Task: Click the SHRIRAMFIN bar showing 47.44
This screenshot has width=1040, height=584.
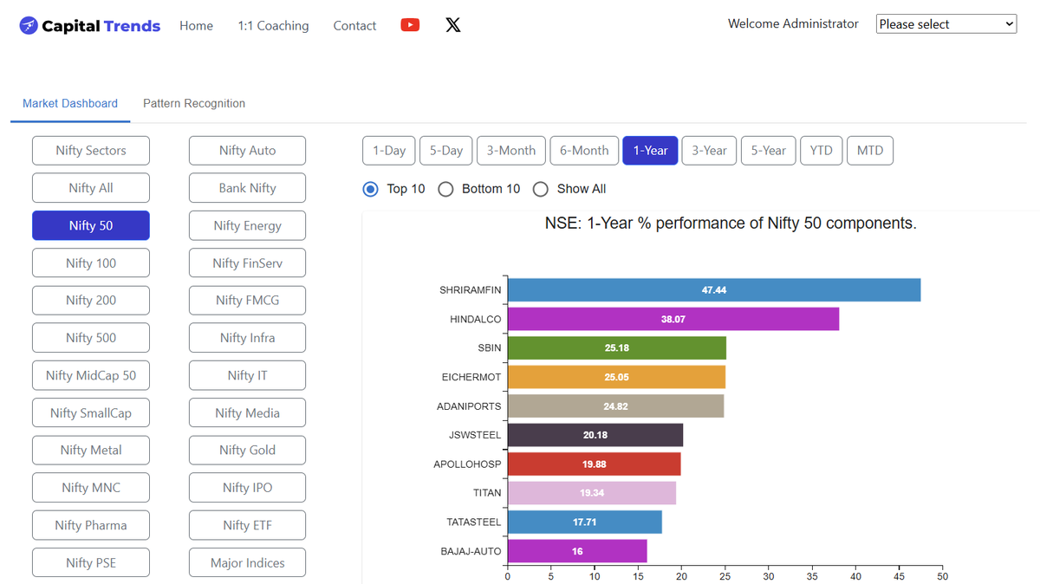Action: coord(714,290)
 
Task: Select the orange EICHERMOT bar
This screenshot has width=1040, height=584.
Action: coord(616,377)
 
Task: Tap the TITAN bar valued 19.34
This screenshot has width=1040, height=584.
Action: coord(592,493)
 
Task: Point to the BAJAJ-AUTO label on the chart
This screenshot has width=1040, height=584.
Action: coord(471,551)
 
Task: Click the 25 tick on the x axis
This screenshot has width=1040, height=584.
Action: coord(725,576)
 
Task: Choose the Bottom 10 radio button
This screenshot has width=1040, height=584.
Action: coord(445,190)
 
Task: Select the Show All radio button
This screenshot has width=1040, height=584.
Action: coord(541,190)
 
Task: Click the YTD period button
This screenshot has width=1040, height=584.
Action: coord(821,151)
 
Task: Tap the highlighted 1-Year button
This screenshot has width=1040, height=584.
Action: coord(650,151)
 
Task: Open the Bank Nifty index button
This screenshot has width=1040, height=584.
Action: coord(248,188)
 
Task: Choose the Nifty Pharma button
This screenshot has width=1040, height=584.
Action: coord(91,525)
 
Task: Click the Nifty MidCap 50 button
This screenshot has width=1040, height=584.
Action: coord(91,375)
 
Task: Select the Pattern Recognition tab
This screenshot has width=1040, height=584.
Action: coord(194,103)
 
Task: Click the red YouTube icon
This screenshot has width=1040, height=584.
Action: coord(410,24)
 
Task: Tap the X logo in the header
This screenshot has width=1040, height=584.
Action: coord(453,24)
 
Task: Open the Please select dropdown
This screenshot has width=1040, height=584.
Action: coord(946,24)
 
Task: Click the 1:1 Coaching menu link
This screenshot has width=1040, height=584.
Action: coord(273,25)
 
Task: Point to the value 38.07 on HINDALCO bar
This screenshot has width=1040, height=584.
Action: coord(673,320)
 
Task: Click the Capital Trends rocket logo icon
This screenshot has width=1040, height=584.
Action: coord(29,25)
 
